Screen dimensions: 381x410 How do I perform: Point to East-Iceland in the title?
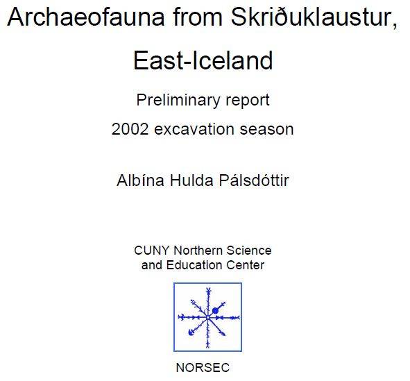coord(203,60)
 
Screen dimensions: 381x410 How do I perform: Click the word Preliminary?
coord(173,100)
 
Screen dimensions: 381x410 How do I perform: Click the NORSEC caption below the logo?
coord(203,368)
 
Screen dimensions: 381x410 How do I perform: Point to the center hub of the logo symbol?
coord(207,317)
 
